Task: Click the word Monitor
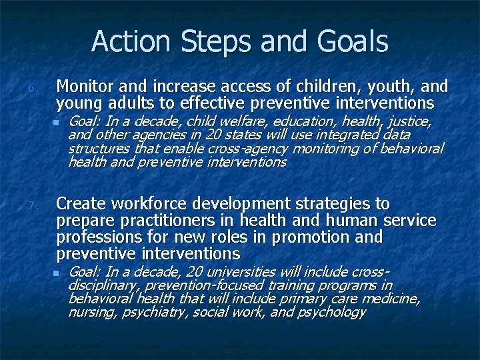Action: (84, 87)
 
